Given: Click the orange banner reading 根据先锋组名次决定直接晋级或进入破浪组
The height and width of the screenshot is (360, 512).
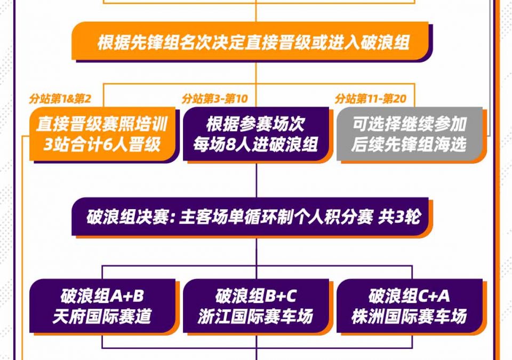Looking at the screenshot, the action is pyautogui.click(x=250, y=41).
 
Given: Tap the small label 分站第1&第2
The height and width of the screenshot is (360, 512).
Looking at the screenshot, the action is pyautogui.click(x=60, y=98).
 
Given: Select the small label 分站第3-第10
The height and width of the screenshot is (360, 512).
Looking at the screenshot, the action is pyautogui.click(x=215, y=98).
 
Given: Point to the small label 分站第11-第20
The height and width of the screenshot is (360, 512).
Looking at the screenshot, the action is pyautogui.click(x=371, y=98).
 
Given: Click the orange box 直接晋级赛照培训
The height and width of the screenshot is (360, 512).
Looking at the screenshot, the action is pyautogui.click(x=102, y=134).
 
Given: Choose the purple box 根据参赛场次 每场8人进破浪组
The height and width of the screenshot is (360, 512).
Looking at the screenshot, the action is pyautogui.click(x=256, y=134).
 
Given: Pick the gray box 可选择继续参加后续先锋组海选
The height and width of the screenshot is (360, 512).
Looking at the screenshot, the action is pyautogui.click(x=410, y=134).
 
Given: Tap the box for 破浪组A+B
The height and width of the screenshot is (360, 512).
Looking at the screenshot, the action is pyautogui.click(x=102, y=306).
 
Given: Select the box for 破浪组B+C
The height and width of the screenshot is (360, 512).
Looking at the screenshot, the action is pyautogui.click(x=256, y=306).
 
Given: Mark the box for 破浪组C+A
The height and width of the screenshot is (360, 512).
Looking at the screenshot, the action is pyautogui.click(x=410, y=306).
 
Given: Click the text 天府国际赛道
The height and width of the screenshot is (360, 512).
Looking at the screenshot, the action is pyautogui.click(x=102, y=316).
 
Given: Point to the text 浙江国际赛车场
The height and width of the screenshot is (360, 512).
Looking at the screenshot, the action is pyautogui.click(x=255, y=316).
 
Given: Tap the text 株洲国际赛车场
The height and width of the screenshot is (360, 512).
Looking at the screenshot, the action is pyautogui.click(x=409, y=316).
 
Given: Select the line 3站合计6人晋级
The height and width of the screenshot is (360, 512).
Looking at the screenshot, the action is pyautogui.click(x=102, y=144).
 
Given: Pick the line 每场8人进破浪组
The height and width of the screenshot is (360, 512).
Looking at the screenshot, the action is pyautogui.click(x=255, y=144).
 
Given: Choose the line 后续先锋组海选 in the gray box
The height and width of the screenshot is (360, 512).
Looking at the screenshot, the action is pyautogui.click(x=409, y=144).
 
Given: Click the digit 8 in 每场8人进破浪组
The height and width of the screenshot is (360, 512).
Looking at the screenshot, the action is pyautogui.click(x=230, y=145).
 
